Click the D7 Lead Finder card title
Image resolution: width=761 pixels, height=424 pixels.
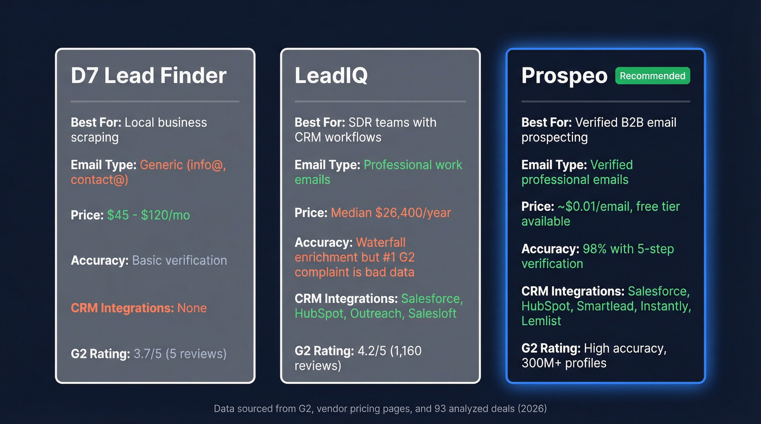point(148,76)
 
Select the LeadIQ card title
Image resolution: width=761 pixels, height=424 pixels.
point(331,76)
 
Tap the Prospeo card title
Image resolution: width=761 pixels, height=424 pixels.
point(564,76)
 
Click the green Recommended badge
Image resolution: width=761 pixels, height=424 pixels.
point(652,76)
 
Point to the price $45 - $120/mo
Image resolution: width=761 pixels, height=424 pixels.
point(148,216)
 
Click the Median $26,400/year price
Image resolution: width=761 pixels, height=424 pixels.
point(391,213)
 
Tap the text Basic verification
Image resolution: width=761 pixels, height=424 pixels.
point(179,261)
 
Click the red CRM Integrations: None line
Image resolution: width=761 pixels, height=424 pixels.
point(139,308)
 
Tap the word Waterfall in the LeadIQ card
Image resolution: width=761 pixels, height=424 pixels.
point(380,243)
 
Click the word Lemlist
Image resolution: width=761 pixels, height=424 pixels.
point(541,321)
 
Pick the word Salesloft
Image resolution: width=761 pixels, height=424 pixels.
point(433,314)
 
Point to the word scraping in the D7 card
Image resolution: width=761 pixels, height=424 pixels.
point(95,138)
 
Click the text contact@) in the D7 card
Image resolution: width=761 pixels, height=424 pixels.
point(99,180)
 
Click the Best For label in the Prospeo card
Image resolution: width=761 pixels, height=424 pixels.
point(546,123)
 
